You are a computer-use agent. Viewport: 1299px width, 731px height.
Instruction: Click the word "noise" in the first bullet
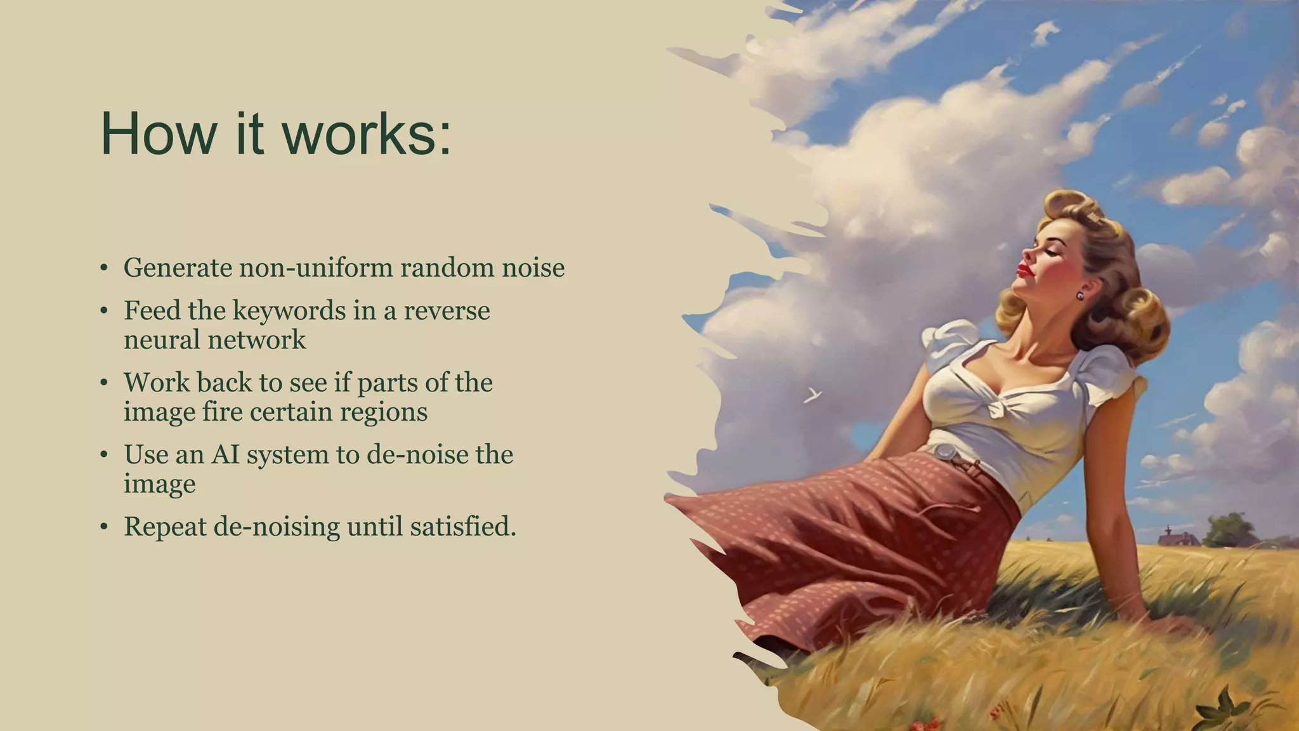[533, 268]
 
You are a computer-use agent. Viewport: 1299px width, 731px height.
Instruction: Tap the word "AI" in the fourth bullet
[225, 455]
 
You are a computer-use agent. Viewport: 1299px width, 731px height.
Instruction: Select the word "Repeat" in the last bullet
[165, 527]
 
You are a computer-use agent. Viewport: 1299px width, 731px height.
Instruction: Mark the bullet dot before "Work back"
[104, 384]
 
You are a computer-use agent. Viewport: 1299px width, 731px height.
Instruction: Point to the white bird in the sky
[813, 395]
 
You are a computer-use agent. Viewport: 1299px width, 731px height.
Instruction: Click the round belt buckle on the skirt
[944, 452]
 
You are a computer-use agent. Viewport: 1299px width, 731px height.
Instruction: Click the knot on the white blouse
[1002, 407]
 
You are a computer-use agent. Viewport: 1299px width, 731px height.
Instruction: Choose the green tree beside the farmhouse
[1229, 530]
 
